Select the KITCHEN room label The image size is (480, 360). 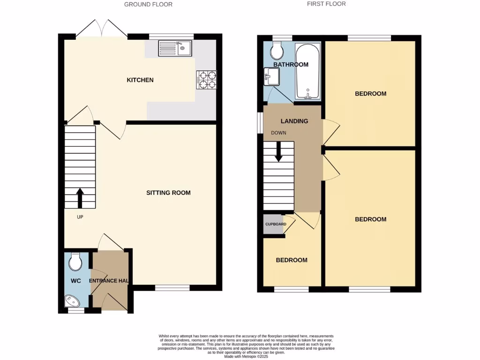(x=140, y=80)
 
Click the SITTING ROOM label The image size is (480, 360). (x=168, y=193)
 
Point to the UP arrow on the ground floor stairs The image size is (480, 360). (x=80, y=198)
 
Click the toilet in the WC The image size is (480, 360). (x=75, y=262)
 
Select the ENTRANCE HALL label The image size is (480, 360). (x=109, y=281)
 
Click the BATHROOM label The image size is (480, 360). (x=291, y=65)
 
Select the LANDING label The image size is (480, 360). (x=294, y=121)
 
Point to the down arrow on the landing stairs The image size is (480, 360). (x=278, y=153)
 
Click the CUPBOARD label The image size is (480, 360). (x=276, y=224)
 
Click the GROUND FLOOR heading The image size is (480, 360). (x=148, y=4)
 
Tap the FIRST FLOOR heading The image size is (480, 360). (x=326, y=4)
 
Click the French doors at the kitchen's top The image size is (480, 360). (x=102, y=29)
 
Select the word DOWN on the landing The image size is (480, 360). (x=278, y=133)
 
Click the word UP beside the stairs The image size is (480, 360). (x=80, y=217)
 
